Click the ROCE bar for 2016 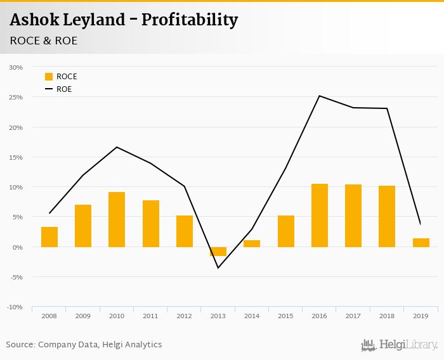click(x=320, y=215)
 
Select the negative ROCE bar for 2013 click(x=218, y=251)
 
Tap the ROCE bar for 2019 click(x=421, y=243)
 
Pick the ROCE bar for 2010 click(x=117, y=219)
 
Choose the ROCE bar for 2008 click(x=49, y=236)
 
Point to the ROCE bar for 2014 click(x=252, y=243)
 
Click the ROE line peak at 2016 click(x=320, y=96)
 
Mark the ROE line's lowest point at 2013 click(x=218, y=267)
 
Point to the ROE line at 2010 click(x=117, y=147)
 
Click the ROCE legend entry click(x=61, y=77)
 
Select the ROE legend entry click(x=58, y=89)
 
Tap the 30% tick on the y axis click(x=16, y=67)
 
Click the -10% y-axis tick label click(x=15, y=307)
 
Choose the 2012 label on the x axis click(x=184, y=316)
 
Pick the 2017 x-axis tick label click(x=353, y=316)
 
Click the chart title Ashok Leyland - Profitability click(x=124, y=20)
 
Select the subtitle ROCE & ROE click(x=44, y=41)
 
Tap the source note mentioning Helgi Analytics click(x=84, y=345)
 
